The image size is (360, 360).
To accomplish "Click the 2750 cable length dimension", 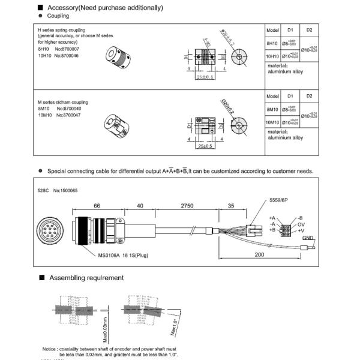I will point(187,206).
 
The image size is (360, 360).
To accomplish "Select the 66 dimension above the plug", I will point(97,206).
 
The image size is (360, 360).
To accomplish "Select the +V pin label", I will point(302,230).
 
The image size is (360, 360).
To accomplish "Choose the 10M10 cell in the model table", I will point(272,122).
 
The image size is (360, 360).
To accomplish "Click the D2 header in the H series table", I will point(309,29).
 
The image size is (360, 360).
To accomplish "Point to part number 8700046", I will point(68,55).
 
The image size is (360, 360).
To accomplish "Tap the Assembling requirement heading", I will point(86,278).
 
